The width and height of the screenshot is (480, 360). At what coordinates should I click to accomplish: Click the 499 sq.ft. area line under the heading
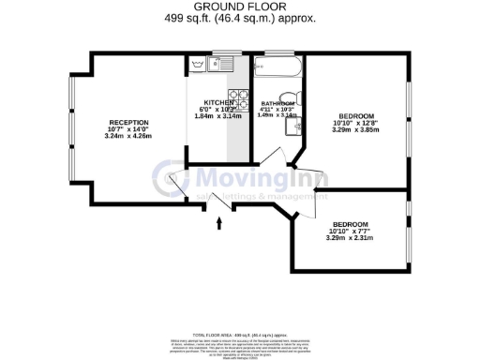(x=240, y=18)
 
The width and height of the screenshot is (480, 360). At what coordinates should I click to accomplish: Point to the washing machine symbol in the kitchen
(x=198, y=64)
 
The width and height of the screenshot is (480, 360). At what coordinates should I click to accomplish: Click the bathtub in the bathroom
(x=277, y=67)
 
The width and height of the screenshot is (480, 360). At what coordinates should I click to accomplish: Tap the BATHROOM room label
(x=277, y=103)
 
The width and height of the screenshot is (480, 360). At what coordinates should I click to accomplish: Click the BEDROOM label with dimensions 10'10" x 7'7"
(x=350, y=224)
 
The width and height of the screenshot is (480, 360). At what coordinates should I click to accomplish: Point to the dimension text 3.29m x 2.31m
(x=350, y=238)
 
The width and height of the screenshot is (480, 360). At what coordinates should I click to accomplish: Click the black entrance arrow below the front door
(x=220, y=224)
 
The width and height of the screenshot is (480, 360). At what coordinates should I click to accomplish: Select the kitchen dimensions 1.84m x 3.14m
(x=218, y=116)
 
